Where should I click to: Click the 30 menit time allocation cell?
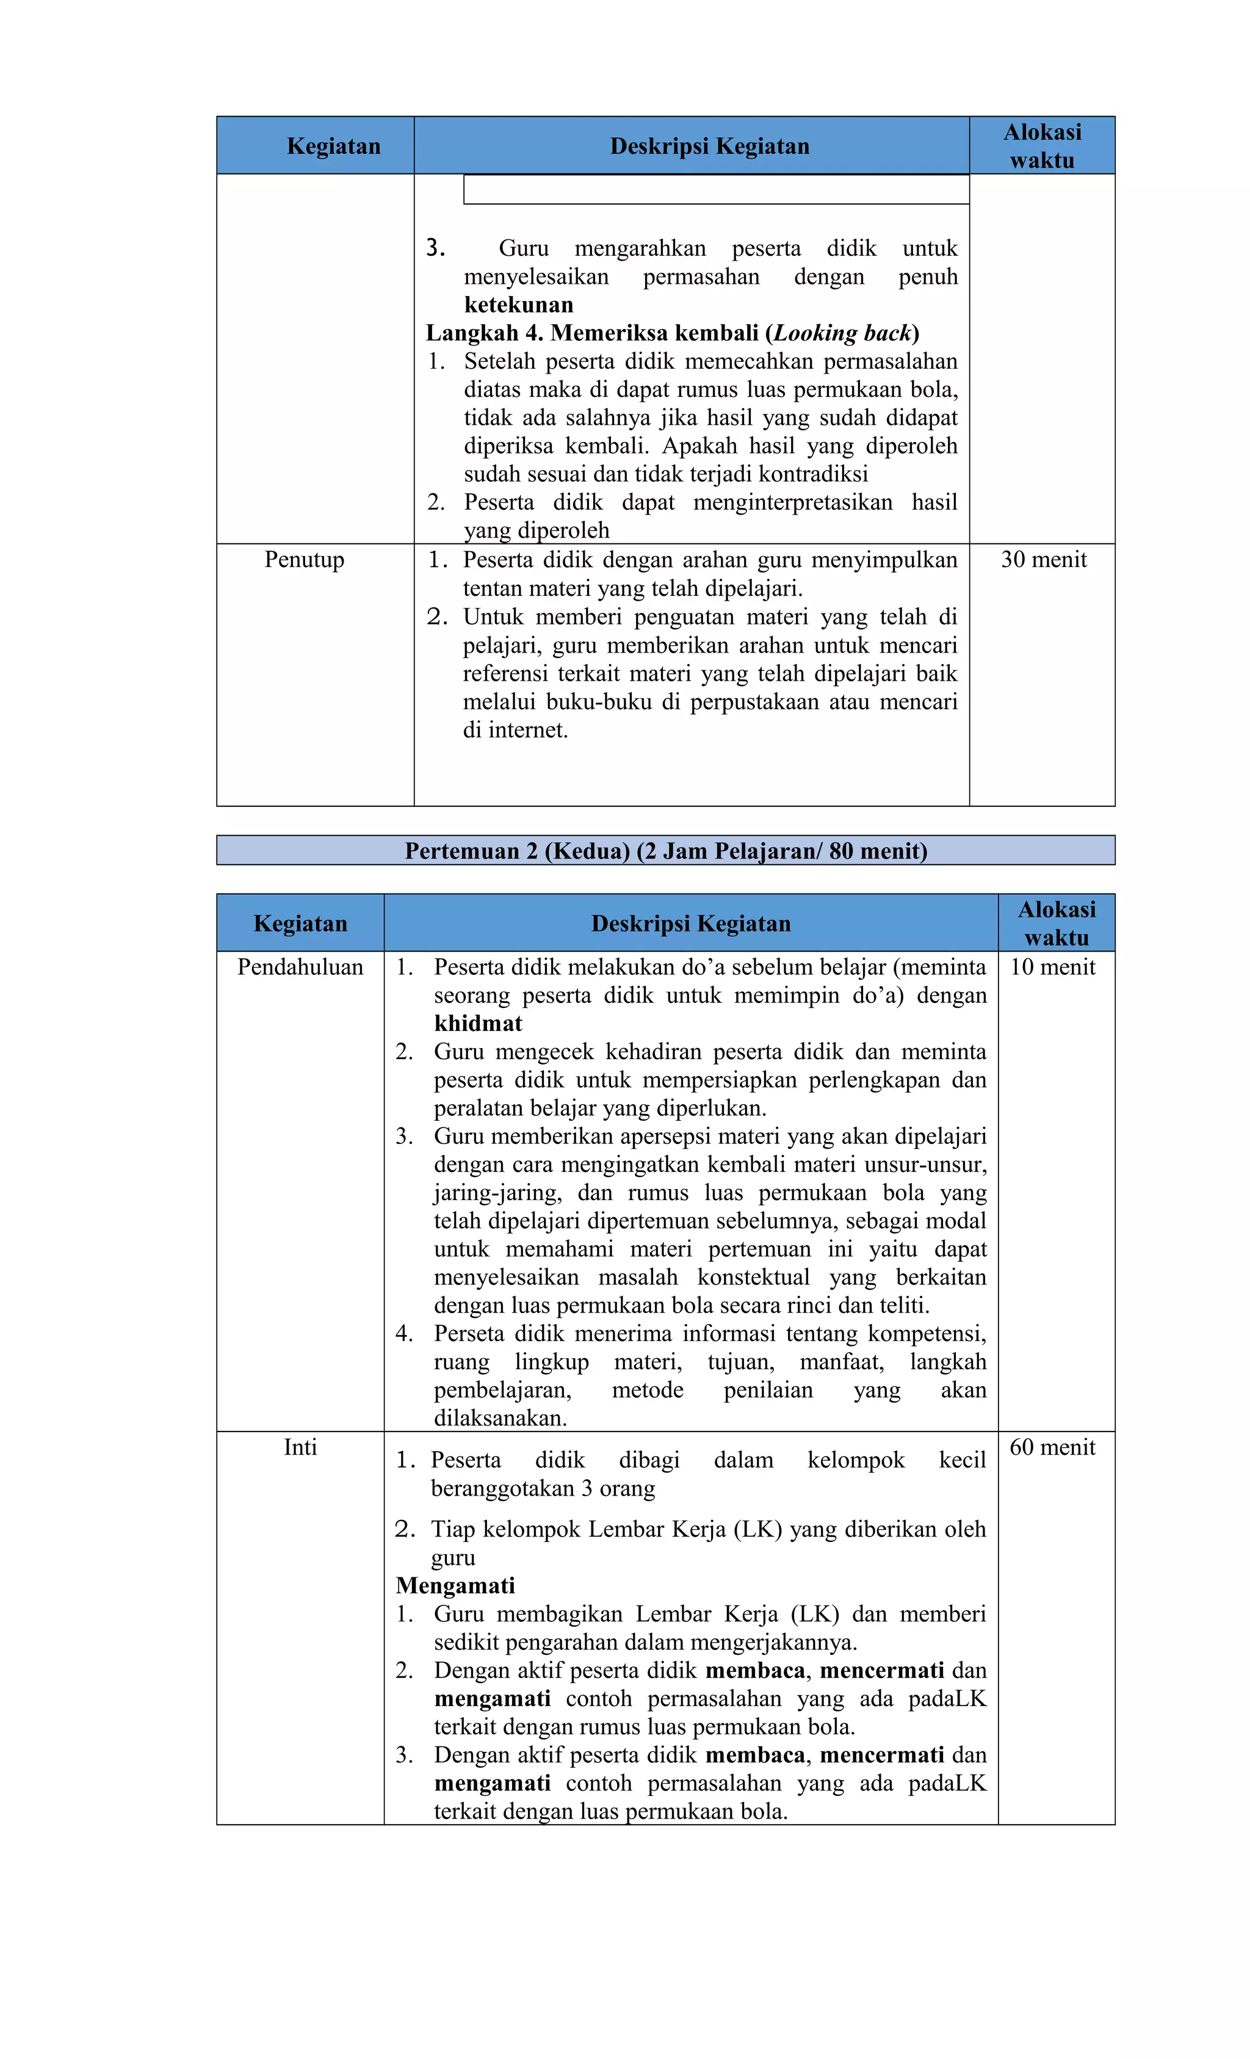coord(1042,560)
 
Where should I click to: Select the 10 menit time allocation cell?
coord(1052,967)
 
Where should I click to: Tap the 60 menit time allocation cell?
coord(1052,1447)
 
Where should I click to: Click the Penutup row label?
coord(304,560)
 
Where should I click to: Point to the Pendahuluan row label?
coord(300,967)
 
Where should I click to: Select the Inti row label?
coord(300,1447)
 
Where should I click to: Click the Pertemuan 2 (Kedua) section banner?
coord(665,851)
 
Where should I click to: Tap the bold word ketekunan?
coord(518,305)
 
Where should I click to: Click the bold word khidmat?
coord(478,1024)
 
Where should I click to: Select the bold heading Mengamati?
coord(455,1585)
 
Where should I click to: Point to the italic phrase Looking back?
coord(842,333)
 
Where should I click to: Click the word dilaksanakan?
coord(500,1418)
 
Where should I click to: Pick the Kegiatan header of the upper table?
coord(333,147)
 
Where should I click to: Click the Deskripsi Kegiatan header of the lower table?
coord(690,924)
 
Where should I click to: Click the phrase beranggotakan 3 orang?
coord(542,1488)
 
